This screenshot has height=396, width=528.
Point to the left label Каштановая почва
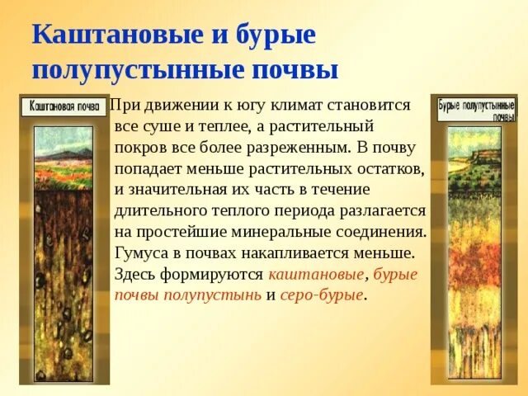click(64, 106)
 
